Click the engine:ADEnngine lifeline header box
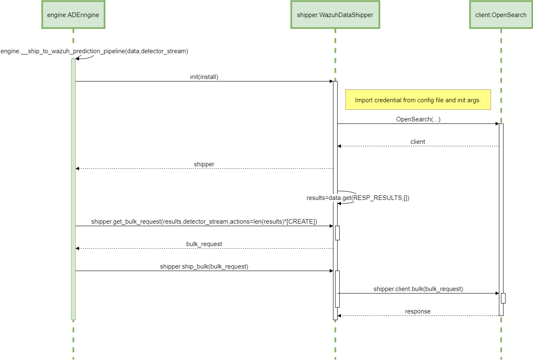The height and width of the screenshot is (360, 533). (73, 15)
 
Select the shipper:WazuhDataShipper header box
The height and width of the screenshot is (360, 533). (335, 15)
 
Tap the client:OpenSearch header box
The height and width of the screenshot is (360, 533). (501, 15)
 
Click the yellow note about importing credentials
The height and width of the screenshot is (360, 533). (418, 100)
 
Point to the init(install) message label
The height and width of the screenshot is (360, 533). (204, 77)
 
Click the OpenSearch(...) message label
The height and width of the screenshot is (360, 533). (418, 119)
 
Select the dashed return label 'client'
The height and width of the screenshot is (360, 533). (418, 142)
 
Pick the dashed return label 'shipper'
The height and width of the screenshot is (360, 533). (204, 164)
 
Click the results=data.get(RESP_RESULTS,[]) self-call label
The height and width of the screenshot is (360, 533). (358, 198)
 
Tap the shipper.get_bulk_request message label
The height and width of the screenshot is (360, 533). (204, 222)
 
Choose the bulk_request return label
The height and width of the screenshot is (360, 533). (204, 244)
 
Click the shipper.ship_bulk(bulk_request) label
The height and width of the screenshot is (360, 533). (204, 266)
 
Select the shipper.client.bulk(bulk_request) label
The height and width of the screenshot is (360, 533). (418, 289)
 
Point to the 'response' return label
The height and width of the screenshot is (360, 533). (418, 311)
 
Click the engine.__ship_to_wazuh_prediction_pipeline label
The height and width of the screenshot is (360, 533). (94, 51)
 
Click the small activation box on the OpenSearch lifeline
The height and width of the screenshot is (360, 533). (503, 298)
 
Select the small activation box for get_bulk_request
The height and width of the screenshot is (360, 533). (337, 233)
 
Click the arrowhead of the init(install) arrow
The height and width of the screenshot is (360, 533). (331, 81)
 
